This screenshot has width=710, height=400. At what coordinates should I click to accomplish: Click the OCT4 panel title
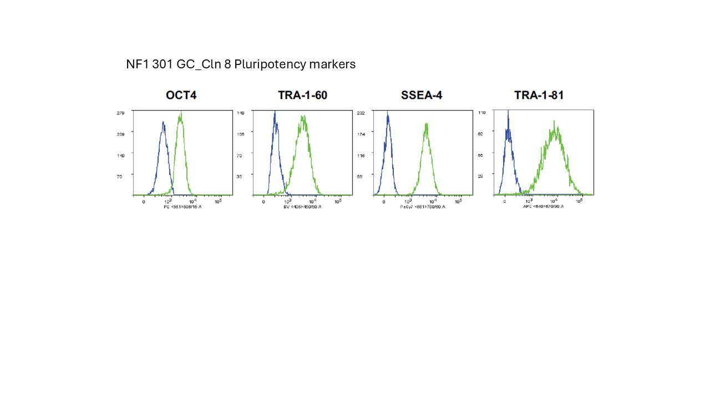[x=181, y=96]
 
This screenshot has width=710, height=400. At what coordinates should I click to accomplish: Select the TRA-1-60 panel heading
[x=302, y=96]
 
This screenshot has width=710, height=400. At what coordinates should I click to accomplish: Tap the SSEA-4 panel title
[x=422, y=96]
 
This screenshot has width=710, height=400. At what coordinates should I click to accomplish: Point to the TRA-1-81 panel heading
[x=539, y=96]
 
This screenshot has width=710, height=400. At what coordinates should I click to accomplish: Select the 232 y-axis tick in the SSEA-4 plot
[x=361, y=113]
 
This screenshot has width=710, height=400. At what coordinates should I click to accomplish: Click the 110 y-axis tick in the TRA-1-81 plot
[x=481, y=113]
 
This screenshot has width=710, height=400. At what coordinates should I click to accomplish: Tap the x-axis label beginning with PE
[x=182, y=207]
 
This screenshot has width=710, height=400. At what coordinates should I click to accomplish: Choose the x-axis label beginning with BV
[x=302, y=207]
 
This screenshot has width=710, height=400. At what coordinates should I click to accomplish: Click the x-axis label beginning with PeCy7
[x=422, y=207]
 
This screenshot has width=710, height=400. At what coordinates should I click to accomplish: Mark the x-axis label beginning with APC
[x=543, y=207]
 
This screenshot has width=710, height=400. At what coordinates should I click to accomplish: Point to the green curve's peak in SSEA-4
[x=427, y=124]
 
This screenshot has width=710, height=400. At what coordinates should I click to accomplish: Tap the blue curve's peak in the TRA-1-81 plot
[x=508, y=112]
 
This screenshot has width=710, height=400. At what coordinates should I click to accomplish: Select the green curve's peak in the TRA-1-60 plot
[x=303, y=117]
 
